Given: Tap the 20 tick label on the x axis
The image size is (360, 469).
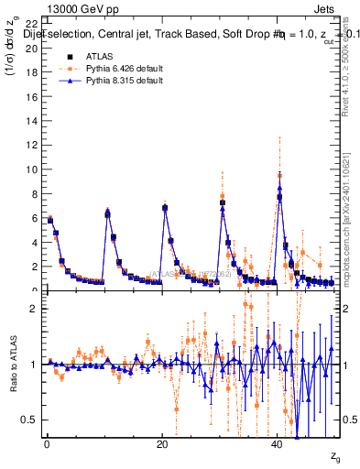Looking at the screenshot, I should coord(162,444).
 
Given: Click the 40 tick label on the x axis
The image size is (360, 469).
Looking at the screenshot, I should coord(278,444).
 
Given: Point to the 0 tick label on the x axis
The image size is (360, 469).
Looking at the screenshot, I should coord(46,444).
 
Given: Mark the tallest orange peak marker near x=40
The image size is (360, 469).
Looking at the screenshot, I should coord(279,175).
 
